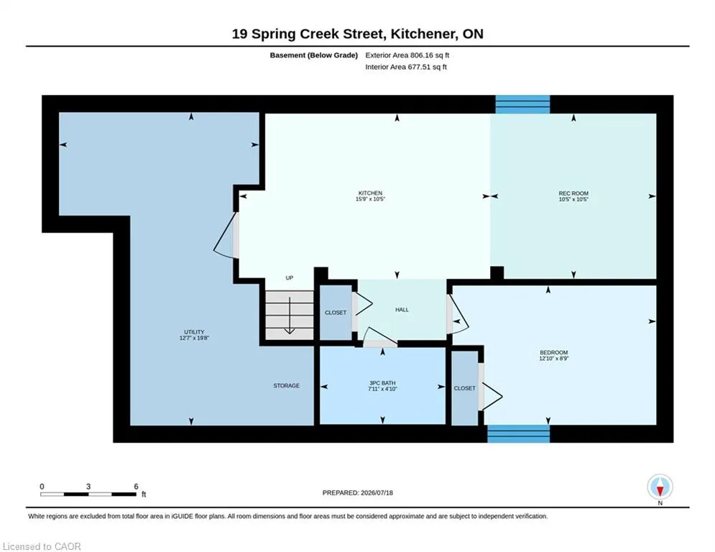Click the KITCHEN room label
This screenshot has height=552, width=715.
pos(370,193)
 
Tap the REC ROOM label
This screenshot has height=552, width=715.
pos(573,193)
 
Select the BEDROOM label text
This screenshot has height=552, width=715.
pos(553,353)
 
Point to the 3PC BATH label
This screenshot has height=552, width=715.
pos(382,383)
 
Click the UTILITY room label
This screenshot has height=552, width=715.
pos(194,332)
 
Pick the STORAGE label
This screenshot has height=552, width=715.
pos(287,385)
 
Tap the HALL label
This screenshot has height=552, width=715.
pos(402,310)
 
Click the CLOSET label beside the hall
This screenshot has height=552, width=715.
pos(336,313)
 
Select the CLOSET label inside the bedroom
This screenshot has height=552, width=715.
pos(465,388)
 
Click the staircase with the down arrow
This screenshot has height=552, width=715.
pos(289,316)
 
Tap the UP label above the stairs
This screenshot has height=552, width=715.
pos(290,278)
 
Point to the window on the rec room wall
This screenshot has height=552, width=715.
pos(522,104)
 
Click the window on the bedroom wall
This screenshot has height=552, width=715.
pos(519,434)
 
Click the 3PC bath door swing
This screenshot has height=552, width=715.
pos(380,337)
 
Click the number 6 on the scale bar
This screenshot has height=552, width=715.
pos(136,487)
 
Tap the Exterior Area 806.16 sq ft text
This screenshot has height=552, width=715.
pos(407,55)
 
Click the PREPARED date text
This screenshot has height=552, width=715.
pos(358,492)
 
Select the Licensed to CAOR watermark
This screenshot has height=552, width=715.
pos(42,546)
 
